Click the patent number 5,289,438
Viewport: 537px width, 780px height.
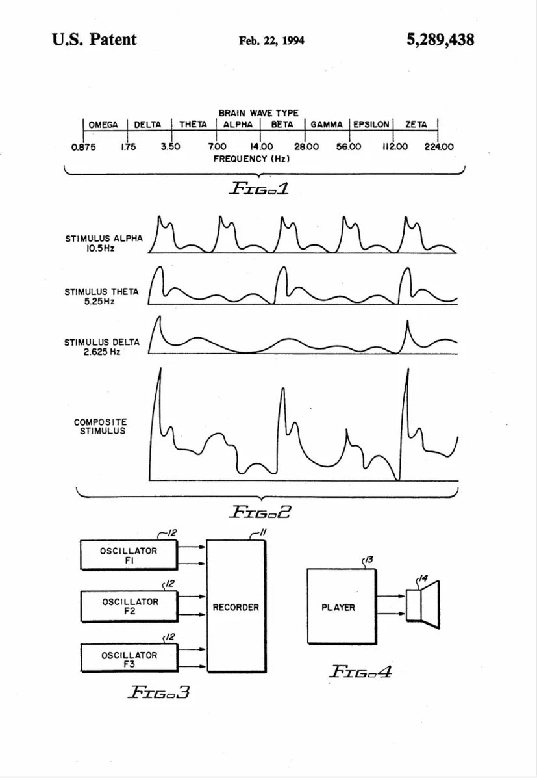[x=440, y=40]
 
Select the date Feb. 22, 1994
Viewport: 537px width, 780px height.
[x=271, y=41]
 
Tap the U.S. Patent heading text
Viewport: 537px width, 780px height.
[x=95, y=40]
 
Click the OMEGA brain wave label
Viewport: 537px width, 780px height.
[x=103, y=125]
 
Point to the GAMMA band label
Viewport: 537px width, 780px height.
[x=327, y=125]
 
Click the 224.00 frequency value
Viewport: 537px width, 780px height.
[x=440, y=147]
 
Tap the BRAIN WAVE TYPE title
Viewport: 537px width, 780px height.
[x=259, y=113]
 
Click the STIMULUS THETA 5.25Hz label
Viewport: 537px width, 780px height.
[x=101, y=296]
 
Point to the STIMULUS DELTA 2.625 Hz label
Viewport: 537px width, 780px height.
[x=101, y=346]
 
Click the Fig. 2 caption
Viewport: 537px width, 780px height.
[x=259, y=512]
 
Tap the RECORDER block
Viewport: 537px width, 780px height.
[x=236, y=608]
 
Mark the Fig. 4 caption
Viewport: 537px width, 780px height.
[x=360, y=671]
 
